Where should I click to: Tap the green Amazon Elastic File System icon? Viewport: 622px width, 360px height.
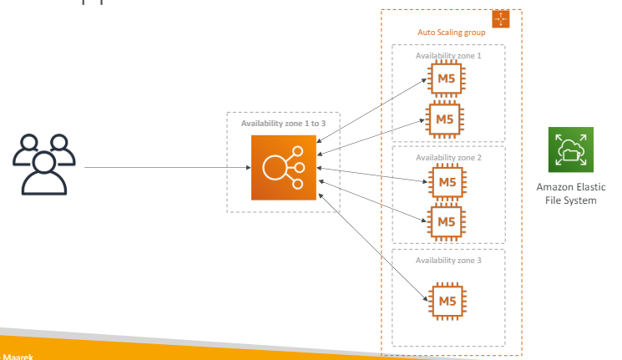coord(570,150)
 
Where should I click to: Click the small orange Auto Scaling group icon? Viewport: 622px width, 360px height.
coord(500,19)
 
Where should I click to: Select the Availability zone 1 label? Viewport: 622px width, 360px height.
coord(448,55)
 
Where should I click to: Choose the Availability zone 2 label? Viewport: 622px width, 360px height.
coord(448,156)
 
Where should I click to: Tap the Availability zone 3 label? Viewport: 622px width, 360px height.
coord(448,260)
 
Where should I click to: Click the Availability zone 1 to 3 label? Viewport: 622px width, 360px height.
coord(283,124)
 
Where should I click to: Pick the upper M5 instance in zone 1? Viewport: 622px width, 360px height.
coord(446,80)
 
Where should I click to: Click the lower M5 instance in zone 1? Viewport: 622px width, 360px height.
coord(446,119)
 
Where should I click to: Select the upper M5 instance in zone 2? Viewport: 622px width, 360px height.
coord(446,182)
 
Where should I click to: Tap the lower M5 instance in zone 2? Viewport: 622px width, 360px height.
coord(446,221)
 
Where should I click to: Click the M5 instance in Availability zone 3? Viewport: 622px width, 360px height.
coord(446,300)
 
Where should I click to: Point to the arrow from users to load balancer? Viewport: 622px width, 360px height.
coord(167,168)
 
